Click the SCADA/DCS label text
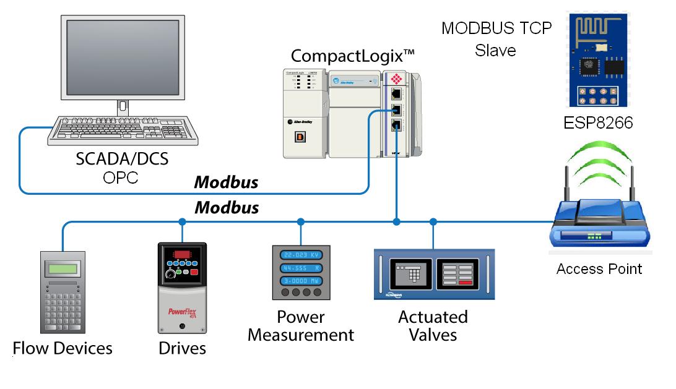coord(122,159)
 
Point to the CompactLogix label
coord(352,55)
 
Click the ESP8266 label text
coord(598,123)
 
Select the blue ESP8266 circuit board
coord(598,60)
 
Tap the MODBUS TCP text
coord(496,28)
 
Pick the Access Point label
coord(599,268)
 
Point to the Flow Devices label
coord(63,348)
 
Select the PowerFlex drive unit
coord(182,289)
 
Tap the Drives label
coord(182,349)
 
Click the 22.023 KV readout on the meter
coord(301,255)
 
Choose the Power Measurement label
coord(301,326)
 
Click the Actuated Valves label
coord(433,326)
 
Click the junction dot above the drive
coord(182,221)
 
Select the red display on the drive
coord(182,255)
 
